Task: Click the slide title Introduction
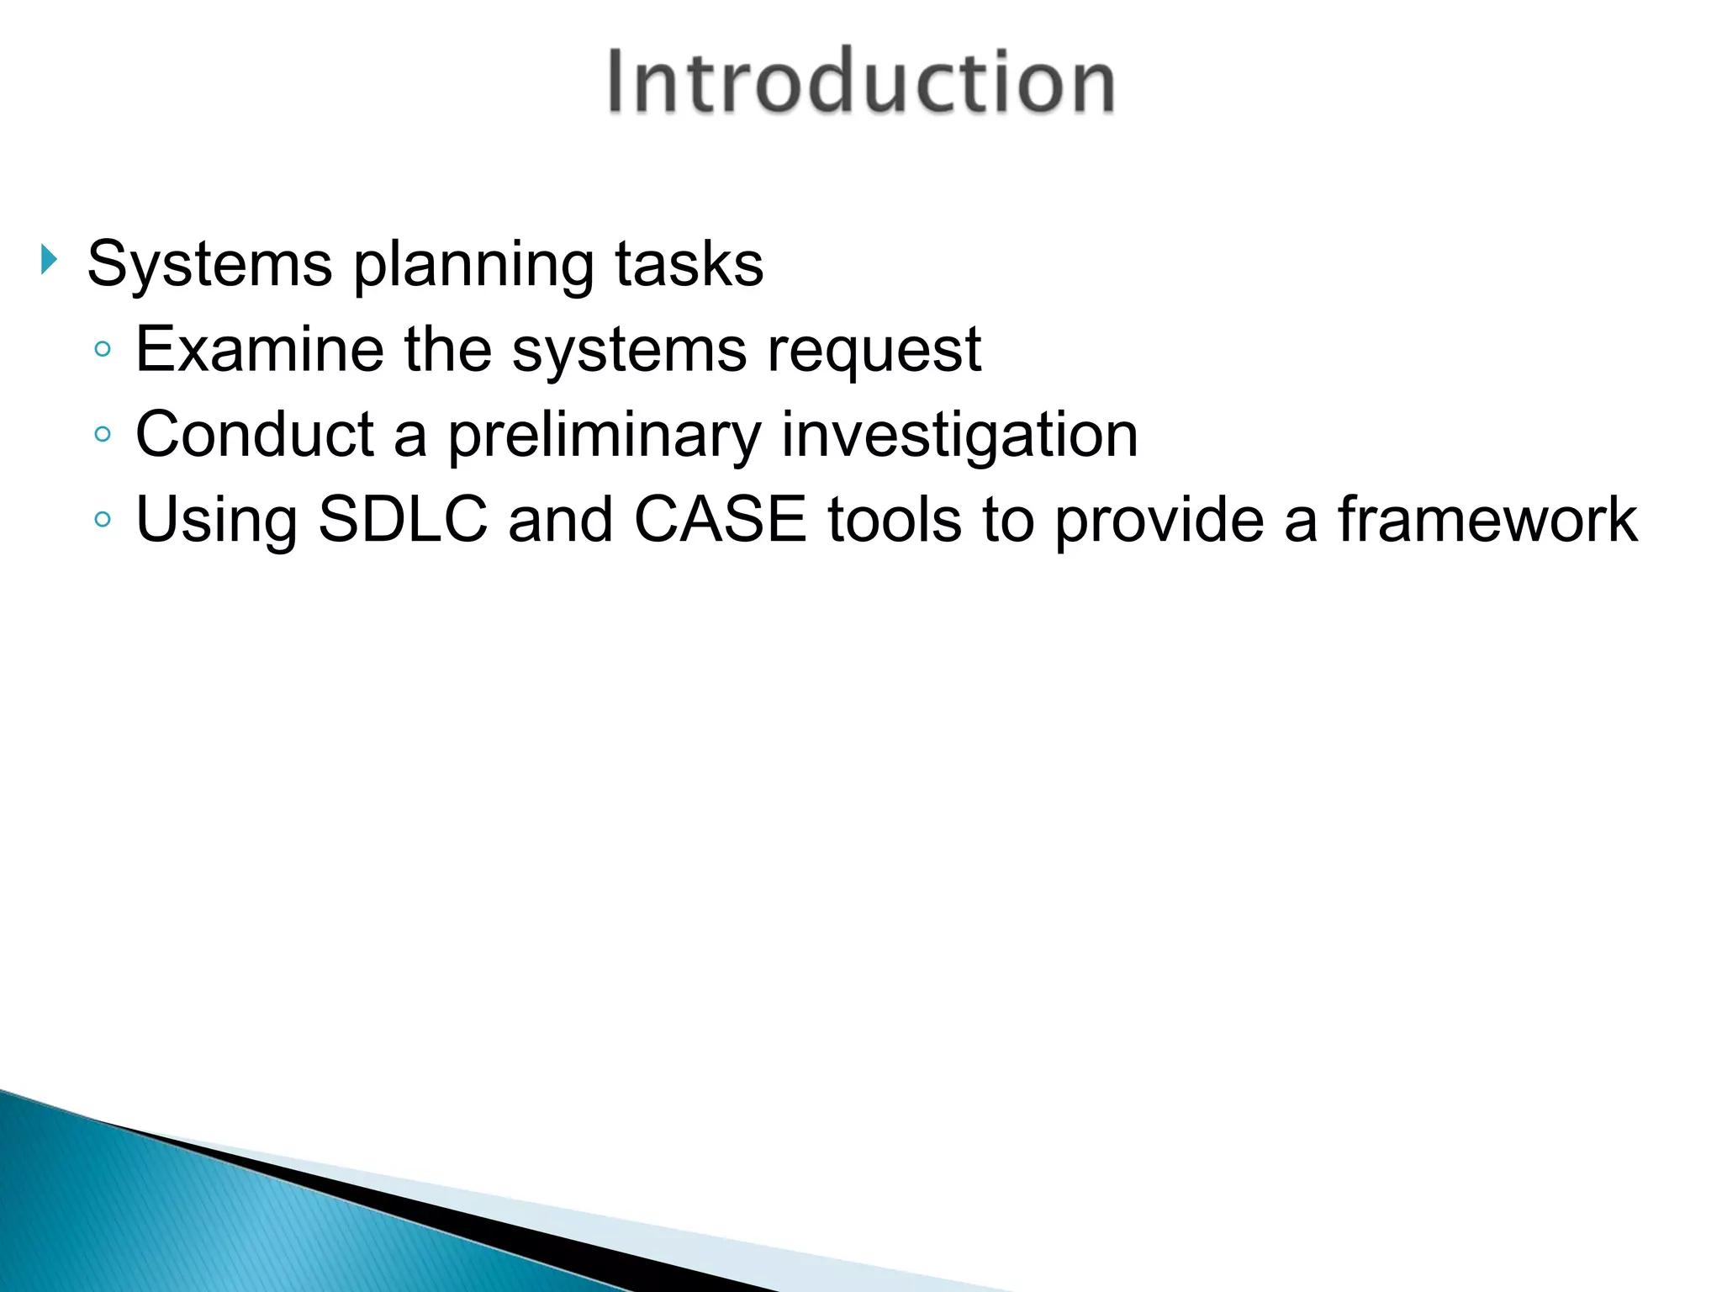click(861, 82)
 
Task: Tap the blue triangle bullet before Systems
click(49, 260)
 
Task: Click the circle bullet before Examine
click(103, 349)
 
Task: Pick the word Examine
click(259, 349)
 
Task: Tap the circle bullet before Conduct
click(103, 434)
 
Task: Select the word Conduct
click(254, 434)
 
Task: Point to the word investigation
click(959, 436)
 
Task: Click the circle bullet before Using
click(103, 519)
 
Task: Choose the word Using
click(216, 522)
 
